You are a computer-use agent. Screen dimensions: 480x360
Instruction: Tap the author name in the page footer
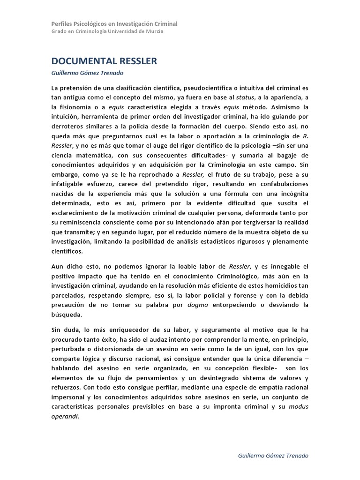pos(273,456)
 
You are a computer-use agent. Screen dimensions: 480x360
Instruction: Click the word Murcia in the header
pos(154,31)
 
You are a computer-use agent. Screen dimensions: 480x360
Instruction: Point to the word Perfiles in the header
pos(62,24)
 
